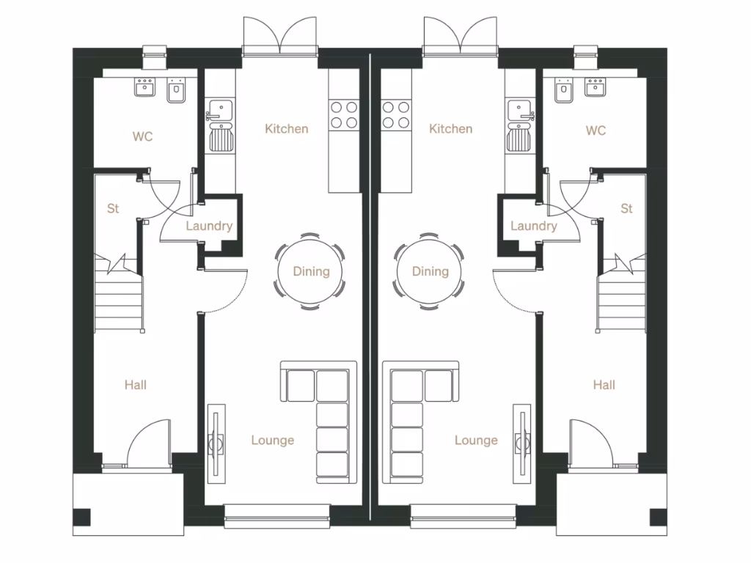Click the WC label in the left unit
pyautogui.click(x=142, y=136)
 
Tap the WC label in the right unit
pyautogui.click(x=596, y=130)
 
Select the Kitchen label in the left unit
pyautogui.click(x=286, y=129)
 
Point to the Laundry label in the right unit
pyautogui.click(x=533, y=226)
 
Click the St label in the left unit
pyautogui.click(x=113, y=209)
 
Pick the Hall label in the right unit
pyautogui.click(x=604, y=384)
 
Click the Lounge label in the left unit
pyautogui.click(x=272, y=440)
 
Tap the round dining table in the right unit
pyautogui.click(x=430, y=272)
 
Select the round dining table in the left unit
pyautogui.click(x=311, y=272)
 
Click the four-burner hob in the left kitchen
pyautogui.click(x=344, y=114)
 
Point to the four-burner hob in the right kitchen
pyautogui.click(x=396, y=114)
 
